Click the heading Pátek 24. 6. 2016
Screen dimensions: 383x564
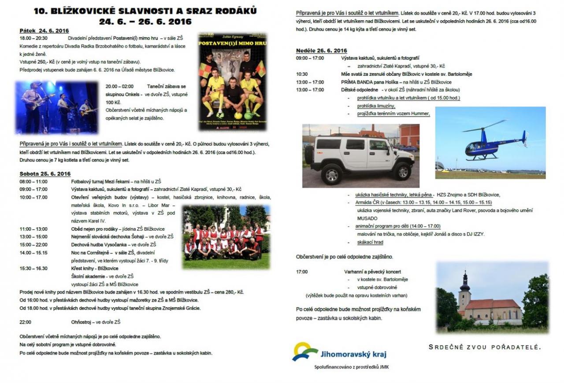[x=44, y=30]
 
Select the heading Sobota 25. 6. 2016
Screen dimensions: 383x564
[x=45, y=173]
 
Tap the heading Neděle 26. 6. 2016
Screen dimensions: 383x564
[x=322, y=50]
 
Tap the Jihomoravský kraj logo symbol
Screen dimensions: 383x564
[x=304, y=351]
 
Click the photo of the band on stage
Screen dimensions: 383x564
[x=57, y=107]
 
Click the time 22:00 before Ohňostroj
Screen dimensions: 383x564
[x=26, y=322]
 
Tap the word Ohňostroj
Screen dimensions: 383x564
[x=82, y=322]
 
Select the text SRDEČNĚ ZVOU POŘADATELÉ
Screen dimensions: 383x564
[x=484, y=347]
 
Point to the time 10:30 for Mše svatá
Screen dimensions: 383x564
[x=302, y=74]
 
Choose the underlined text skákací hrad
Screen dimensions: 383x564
[x=371, y=242]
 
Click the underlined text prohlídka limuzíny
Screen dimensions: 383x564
[x=376, y=106]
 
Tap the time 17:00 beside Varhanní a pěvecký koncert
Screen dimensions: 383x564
[x=302, y=272]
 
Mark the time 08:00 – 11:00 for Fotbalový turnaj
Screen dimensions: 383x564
[x=33, y=181]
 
